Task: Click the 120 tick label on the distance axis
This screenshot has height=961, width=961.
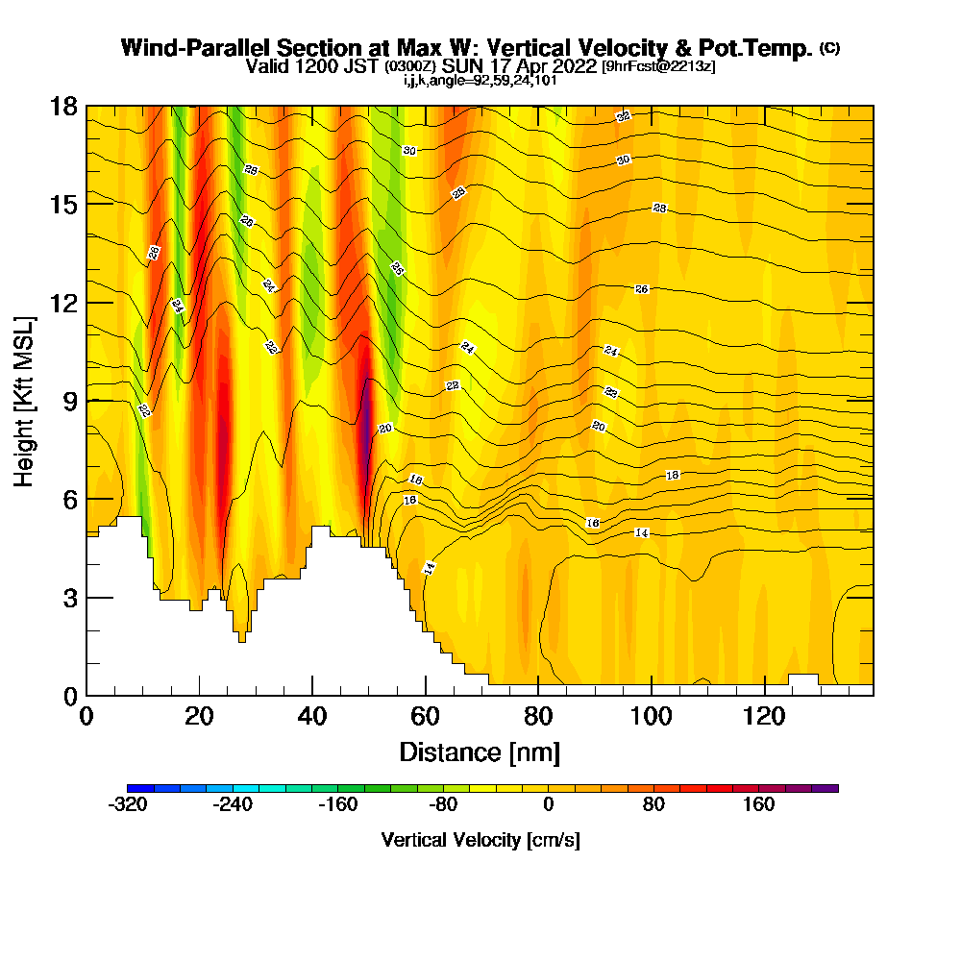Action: (x=765, y=717)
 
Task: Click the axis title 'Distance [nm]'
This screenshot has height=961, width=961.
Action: (x=480, y=752)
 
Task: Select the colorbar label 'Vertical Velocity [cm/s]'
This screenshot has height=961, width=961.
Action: (x=480, y=840)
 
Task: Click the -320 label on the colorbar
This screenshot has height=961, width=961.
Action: (x=129, y=805)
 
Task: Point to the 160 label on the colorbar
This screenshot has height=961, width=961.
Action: (x=758, y=805)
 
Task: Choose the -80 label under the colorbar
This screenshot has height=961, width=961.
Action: (x=442, y=805)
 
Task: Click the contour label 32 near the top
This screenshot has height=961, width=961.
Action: (x=623, y=116)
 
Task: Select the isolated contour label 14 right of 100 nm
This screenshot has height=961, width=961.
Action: (x=642, y=532)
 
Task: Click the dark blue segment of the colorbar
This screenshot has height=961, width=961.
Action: (x=136, y=788)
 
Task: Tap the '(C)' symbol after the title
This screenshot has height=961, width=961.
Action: (x=829, y=48)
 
